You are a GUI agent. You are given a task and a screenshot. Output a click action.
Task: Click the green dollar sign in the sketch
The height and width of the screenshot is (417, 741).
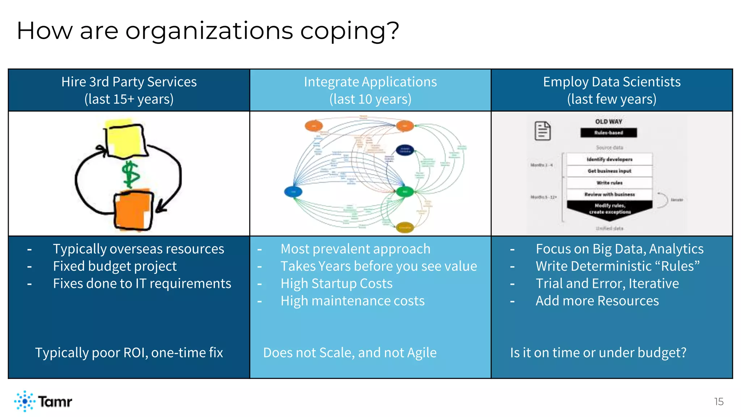coord(130,174)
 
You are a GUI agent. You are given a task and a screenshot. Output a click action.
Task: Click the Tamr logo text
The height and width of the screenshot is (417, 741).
coord(55,401)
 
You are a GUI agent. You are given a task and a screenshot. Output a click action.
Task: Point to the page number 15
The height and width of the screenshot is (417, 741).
coord(719,401)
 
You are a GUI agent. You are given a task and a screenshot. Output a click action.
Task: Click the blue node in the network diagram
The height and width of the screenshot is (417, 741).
coord(293,191)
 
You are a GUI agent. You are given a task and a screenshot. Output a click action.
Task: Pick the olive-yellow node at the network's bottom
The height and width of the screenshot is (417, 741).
coord(405,227)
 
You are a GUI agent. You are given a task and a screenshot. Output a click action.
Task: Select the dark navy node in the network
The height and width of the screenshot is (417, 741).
coord(405,149)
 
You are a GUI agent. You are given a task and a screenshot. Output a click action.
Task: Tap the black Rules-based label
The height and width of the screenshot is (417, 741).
coord(609,133)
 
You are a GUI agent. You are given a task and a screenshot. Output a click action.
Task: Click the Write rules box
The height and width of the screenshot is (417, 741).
coord(609,183)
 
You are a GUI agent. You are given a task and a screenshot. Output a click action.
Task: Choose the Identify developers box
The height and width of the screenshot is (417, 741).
coord(609,159)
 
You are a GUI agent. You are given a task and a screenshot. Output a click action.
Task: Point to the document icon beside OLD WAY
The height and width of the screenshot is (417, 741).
coord(543,131)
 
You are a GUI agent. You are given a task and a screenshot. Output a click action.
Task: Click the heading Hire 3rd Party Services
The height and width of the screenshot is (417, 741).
coord(129,82)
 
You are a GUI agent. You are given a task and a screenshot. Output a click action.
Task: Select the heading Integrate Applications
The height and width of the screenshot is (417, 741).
coord(370,82)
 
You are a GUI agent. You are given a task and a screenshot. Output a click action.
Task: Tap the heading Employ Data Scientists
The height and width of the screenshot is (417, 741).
coord(611,82)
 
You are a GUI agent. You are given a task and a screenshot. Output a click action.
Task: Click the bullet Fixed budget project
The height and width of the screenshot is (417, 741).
coord(115,266)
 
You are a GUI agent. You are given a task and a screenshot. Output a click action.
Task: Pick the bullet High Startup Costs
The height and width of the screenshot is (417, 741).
coord(336,283)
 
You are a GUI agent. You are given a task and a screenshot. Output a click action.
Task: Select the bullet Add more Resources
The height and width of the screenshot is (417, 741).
coord(597,301)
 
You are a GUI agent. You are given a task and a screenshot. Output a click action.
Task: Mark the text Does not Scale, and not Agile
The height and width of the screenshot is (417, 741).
coord(350,353)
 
